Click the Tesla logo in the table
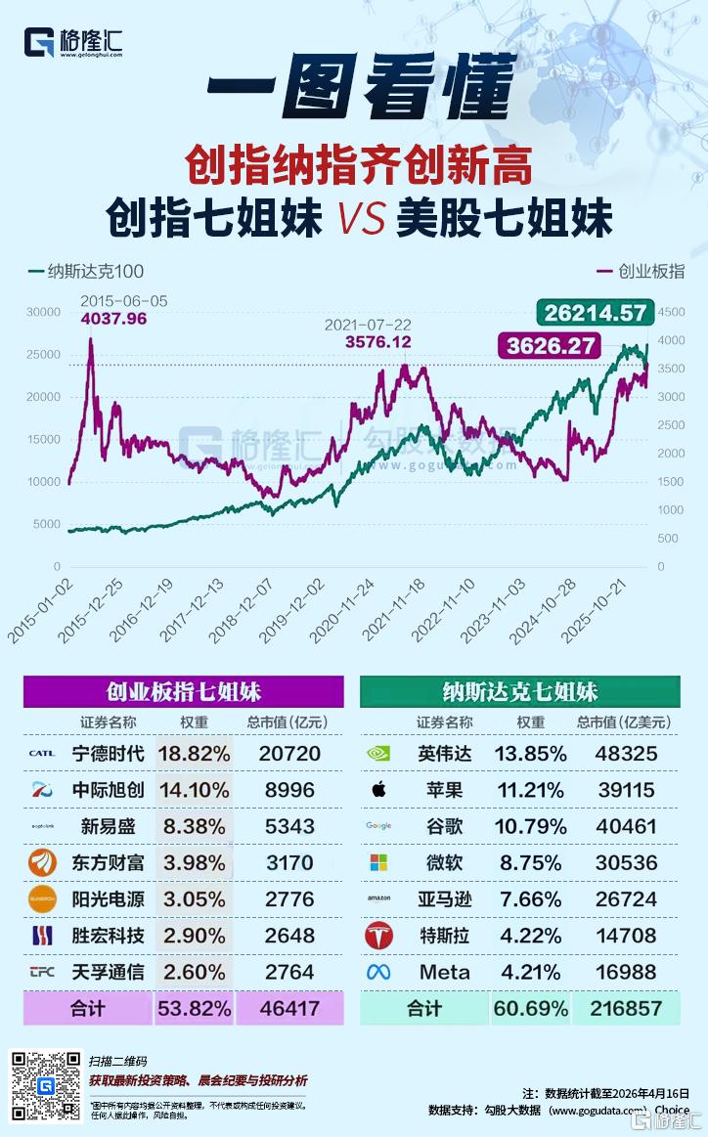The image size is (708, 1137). point(378,936)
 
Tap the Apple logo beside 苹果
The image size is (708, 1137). point(378,789)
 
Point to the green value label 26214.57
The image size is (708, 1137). point(597,313)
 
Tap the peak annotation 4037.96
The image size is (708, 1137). point(113,318)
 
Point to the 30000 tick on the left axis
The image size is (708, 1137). point(44,312)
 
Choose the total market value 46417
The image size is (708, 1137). point(289,1008)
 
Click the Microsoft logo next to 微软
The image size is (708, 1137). point(378,862)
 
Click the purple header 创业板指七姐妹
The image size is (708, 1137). point(184,692)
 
